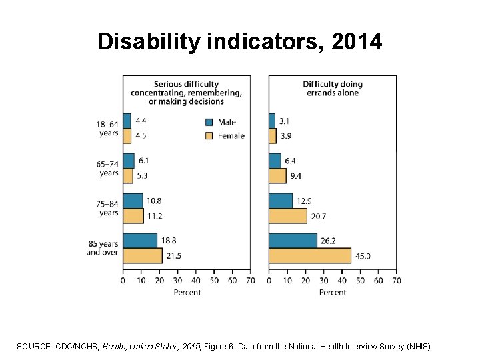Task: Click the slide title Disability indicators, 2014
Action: [240, 42]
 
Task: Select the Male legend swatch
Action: [209, 122]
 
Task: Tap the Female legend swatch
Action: [209, 135]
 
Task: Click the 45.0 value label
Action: [363, 255]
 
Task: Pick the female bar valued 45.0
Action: [309, 255]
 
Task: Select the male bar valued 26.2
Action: [293, 241]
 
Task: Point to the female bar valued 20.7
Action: [287, 215]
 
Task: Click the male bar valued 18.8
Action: [140, 241]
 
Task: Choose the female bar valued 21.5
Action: [142, 255]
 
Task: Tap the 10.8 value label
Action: [155, 201]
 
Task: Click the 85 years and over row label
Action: [102, 248]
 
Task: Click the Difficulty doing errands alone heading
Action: [332, 88]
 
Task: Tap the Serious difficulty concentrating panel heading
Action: [186, 93]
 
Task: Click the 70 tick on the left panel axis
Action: [251, 281]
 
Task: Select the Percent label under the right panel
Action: [332, 292]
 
